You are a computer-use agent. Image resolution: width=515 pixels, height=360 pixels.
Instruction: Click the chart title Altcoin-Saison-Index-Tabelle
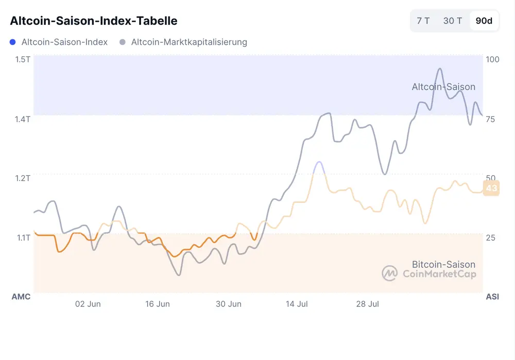(94, 21)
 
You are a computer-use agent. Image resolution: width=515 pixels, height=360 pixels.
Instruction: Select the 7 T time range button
(423, 21)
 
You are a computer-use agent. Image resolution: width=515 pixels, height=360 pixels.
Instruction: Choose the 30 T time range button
(453, 21)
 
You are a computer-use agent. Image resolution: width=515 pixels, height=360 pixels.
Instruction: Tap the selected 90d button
(484, 21)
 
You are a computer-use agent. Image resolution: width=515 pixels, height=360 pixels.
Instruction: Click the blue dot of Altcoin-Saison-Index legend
(13, 42)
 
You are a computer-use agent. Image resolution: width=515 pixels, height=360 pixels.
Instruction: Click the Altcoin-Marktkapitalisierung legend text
(189, 42)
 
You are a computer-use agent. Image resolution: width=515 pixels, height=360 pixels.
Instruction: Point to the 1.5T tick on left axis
(23, 59)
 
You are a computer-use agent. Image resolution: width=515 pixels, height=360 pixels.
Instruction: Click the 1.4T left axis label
(23, 119)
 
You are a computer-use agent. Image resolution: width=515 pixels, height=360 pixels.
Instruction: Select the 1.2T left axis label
(23, 178)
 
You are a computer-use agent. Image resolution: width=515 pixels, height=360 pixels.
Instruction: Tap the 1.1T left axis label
(23, 237)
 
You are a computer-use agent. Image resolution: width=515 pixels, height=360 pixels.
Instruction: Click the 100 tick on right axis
(493, 59)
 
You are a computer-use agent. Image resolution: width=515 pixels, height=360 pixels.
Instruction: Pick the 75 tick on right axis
(490, 119)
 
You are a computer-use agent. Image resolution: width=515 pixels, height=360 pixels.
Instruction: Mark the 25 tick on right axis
(490, 237)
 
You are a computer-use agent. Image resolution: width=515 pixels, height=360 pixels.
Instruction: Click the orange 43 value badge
(491, 188)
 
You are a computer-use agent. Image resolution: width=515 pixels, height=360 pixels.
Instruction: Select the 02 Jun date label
(88, 304)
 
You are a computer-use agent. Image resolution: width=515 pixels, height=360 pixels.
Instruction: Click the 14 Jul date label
(297, 304)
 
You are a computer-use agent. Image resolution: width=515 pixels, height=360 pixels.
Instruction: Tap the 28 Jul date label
(367, 304)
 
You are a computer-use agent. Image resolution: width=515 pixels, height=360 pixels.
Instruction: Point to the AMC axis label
(21, 297)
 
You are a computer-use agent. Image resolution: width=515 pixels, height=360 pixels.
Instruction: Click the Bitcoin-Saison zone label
(443, 264)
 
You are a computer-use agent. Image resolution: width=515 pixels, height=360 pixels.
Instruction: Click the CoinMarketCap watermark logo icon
(389, 273)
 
